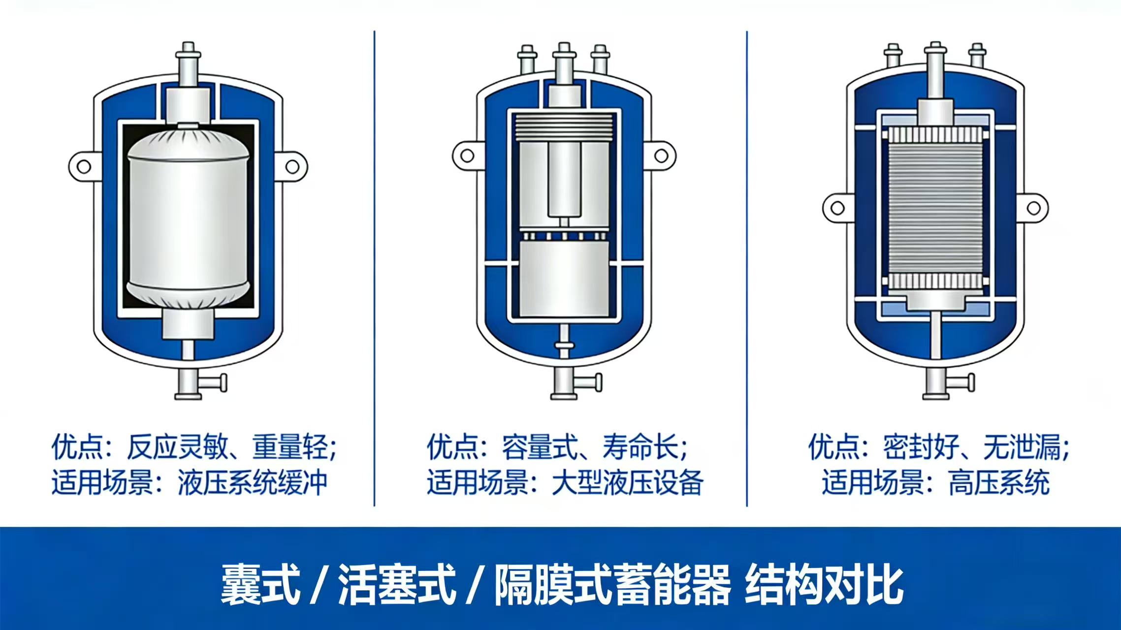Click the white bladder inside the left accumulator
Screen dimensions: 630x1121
[x=189, y=221]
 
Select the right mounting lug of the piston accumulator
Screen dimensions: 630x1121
[x=661, y=156]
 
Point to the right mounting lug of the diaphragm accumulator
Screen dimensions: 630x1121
[x=1033, y=208]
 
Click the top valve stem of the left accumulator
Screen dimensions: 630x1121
[x=188, y=64]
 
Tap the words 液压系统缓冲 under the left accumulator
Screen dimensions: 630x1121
[x=252, y=482]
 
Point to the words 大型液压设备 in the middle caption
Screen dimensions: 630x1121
[x=627, y=482]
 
